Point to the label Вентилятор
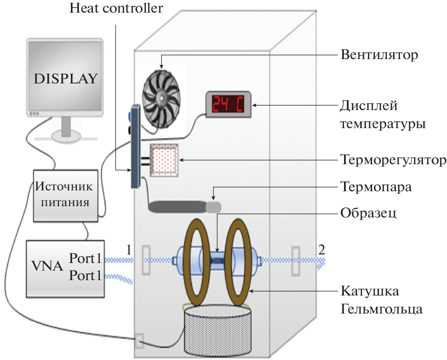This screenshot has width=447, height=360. click(379, 55)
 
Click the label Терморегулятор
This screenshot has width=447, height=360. click(393, 160)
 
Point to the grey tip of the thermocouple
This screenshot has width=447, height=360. click(214, 207)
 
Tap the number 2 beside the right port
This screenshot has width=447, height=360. click(321, 249)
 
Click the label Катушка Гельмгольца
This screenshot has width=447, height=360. click(382, 300)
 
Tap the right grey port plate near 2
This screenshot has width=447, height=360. click(296, 260)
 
